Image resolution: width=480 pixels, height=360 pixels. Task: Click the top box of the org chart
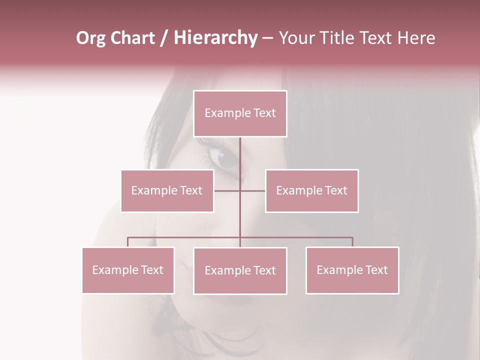(240, 113)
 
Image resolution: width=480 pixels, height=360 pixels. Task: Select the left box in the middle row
(167, 190)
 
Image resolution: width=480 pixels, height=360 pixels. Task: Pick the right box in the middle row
(311, 190)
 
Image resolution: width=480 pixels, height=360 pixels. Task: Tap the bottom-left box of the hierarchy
(128, 270)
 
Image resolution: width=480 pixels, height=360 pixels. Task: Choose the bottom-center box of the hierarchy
(240, 270)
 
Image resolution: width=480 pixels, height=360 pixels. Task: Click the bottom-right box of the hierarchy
(352, 270)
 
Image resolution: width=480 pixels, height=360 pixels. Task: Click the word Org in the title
(90, 38)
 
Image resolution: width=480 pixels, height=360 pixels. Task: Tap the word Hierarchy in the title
(215, 38)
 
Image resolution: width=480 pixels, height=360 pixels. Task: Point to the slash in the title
(164, 38)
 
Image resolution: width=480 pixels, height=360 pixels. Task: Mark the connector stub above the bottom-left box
(128, 242)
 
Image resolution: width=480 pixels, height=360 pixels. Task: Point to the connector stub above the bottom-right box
(352, 242)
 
